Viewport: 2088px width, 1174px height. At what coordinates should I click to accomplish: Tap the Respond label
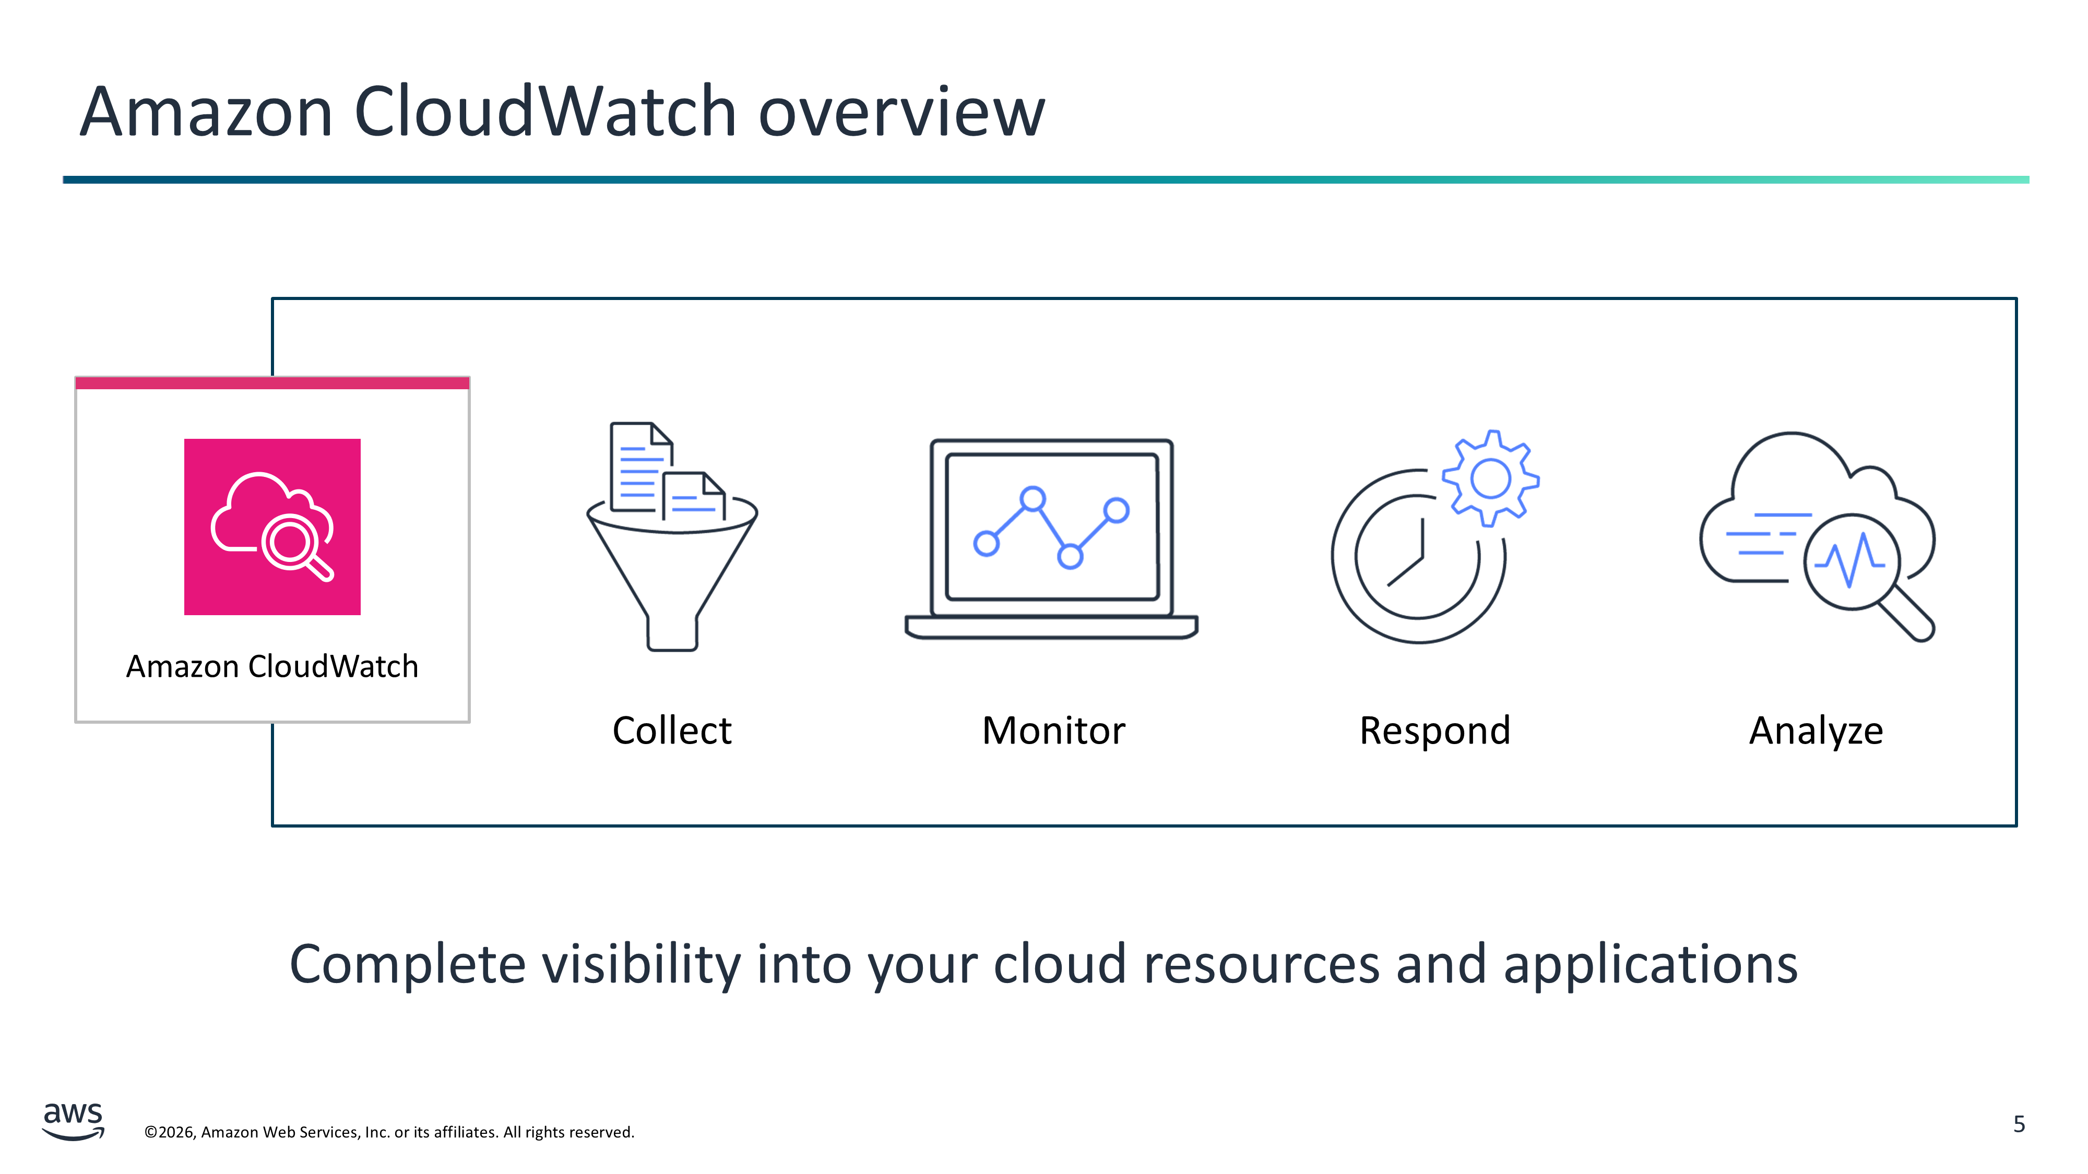(1434, 731)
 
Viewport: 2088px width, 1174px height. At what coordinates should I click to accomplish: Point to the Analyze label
(1816, 732)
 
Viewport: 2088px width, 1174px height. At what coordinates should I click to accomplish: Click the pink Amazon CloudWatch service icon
(272, 526)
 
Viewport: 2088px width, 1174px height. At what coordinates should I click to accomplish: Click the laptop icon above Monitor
(1051, 539)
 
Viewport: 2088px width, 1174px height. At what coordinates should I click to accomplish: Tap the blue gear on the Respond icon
(1491, 478)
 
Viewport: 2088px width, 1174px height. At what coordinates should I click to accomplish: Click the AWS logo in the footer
(73, 1121)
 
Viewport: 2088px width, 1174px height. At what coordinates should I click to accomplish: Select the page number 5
(2019, 1124)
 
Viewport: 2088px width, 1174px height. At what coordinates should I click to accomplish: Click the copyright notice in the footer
(389, 1132)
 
